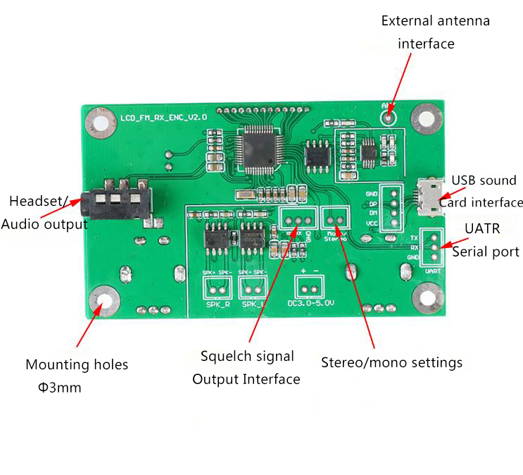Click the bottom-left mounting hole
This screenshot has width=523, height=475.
point(105,301)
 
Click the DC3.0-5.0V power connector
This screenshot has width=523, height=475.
point(308,286)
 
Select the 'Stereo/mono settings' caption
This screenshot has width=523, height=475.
point(391,362)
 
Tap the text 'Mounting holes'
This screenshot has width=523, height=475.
point(77,365)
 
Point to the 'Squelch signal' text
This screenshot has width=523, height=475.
point(247,357)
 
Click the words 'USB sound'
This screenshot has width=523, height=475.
point(484,180)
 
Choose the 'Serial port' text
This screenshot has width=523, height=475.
point(486,252)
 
